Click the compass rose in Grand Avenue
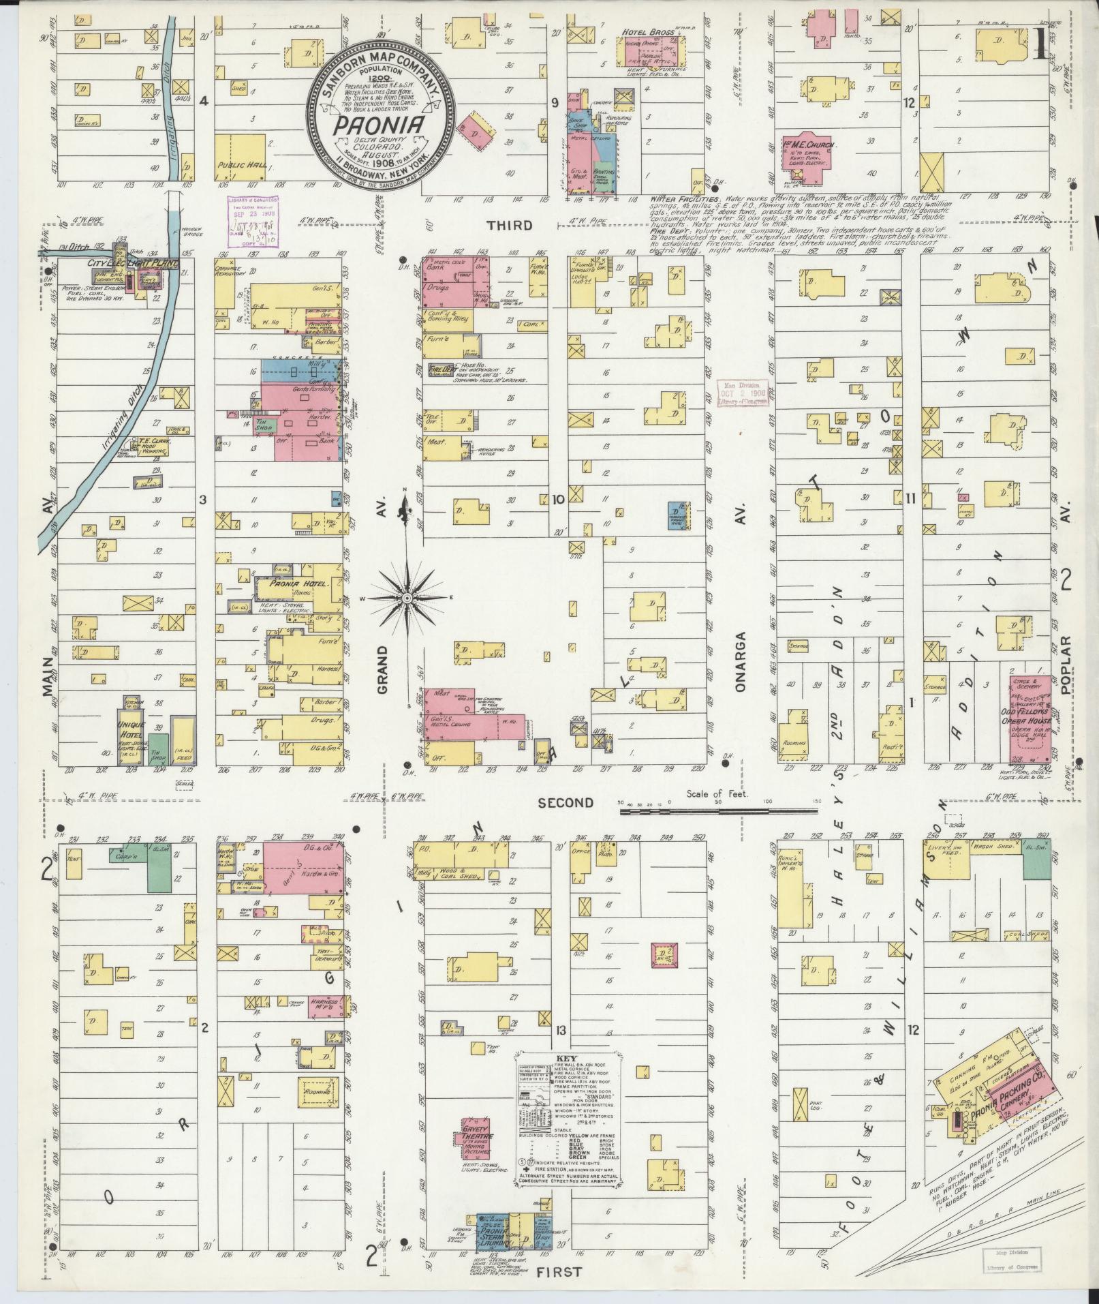click(406, 598)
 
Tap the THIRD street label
click(510, 225)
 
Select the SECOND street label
click(566, 803)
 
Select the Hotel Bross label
click(648, 32)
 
